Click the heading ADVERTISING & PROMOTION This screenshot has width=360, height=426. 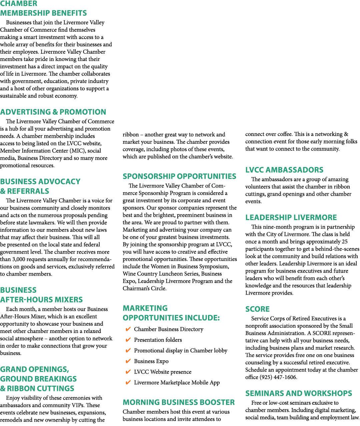(x=53, y=112)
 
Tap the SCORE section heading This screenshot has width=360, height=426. (x=257, y=309)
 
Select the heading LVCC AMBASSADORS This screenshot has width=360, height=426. (x=284, y=170)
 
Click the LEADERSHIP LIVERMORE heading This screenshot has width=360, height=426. (x=291, y=217)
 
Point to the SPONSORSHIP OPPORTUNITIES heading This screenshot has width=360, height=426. (x=179, y=176)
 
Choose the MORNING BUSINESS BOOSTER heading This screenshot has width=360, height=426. (x=179, y=402)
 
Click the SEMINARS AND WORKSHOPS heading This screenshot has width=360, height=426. (x=299, y=393)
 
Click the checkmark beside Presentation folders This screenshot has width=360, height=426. (x=128, y=339)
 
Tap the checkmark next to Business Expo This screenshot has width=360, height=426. (x=128, y=361)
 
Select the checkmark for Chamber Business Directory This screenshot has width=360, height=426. (x=128, y=329)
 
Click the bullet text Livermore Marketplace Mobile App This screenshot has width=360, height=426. (x=177, y=383)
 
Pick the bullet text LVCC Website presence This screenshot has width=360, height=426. (x=163, y=372)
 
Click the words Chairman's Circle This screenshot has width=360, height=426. (x=144, y=288)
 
